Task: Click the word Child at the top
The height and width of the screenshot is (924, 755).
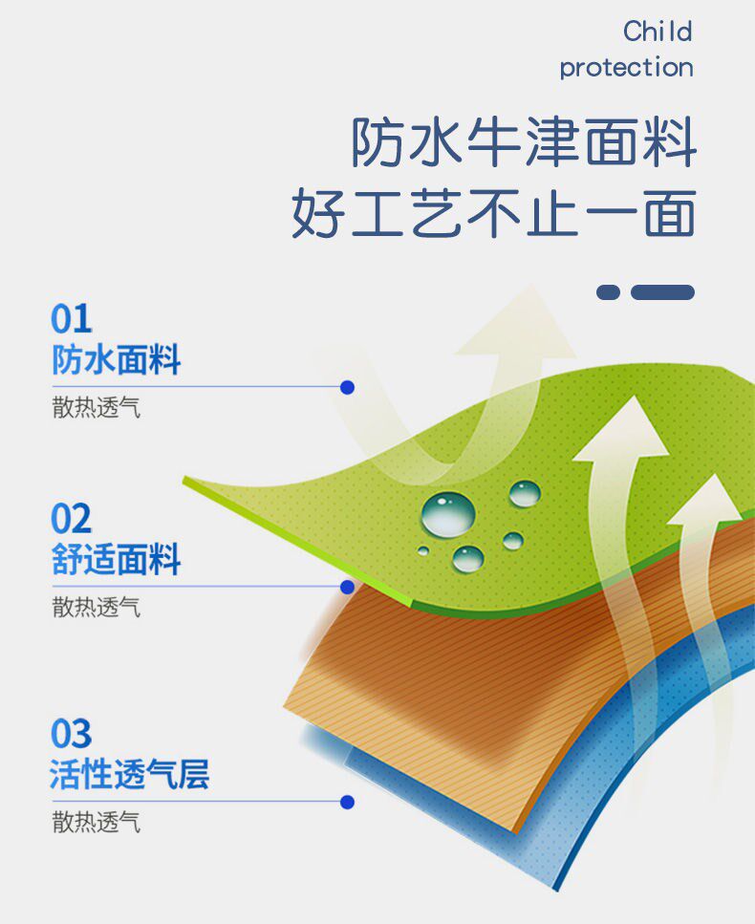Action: [658, 32]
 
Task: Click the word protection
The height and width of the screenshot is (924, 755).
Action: [627, 68]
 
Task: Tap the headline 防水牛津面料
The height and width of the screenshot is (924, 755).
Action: [524, 141]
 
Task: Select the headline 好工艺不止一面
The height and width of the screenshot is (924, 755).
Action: [494, 212]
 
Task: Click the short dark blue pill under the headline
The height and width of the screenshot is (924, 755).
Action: [608, 292]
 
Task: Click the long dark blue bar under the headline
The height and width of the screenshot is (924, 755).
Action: [662, 292]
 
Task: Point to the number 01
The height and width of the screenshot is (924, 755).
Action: [72, 319]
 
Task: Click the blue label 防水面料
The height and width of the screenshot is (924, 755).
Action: [116, 359]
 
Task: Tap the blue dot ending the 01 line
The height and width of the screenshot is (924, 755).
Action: [347, 387]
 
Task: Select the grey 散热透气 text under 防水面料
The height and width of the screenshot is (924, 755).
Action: [97, 407]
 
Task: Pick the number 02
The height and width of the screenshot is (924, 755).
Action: [72, 518]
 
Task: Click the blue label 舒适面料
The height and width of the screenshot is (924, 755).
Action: [116, 559]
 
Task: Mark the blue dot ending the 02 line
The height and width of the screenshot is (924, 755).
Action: [347, 587]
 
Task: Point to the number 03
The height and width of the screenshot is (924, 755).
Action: [72, 733]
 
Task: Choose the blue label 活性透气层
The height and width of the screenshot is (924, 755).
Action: [129, 774]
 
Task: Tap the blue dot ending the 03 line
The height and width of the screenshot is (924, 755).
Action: [347, 802]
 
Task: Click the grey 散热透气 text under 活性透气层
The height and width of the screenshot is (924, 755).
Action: [97, 822]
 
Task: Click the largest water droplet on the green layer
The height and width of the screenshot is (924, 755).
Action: [448, 514]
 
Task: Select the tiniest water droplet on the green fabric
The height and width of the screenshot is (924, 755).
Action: [423, 551]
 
